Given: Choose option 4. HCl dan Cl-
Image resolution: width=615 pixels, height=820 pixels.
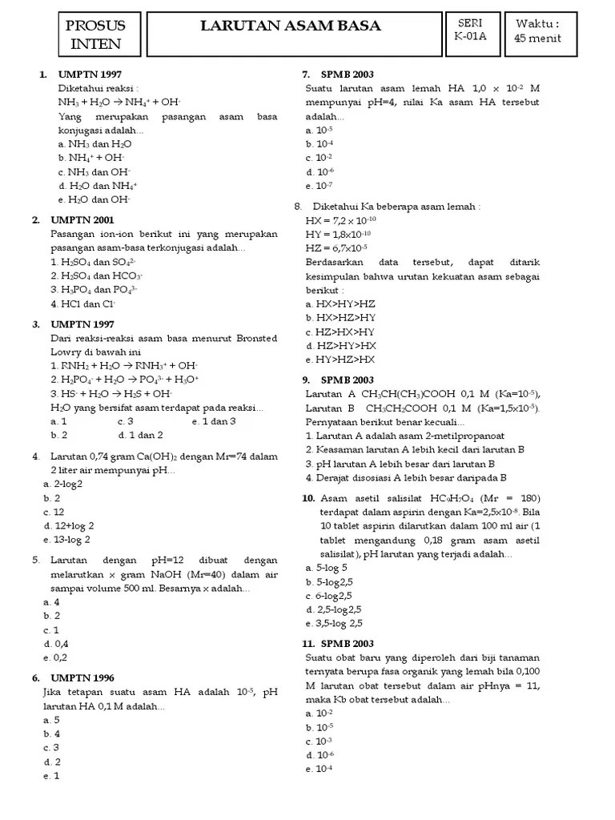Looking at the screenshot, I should (x=83, y=304).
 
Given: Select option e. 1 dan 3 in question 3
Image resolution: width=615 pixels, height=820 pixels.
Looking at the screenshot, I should (x=213, y=420).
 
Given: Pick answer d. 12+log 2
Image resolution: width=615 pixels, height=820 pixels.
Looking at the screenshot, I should (x=69, y=525).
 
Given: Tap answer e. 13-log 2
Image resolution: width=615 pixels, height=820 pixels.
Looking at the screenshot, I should (x=67, y=540).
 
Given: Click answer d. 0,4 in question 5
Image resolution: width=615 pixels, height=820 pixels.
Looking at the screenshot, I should (x=56, y=643).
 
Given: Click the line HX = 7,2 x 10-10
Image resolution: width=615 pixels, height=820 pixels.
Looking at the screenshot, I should (x=340, y=220).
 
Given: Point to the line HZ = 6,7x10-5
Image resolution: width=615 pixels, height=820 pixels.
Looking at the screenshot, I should (x=336, y=248).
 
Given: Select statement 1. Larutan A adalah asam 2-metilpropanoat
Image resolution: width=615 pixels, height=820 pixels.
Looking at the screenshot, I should (x=404, y=436).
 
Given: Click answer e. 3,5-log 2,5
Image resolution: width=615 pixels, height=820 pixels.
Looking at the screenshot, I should (x=334, y=623).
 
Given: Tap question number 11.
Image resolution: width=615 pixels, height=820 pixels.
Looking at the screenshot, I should (x=308, y=644).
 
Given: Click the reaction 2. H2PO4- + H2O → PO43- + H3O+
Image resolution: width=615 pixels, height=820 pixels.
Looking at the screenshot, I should (x=124, y=379).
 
